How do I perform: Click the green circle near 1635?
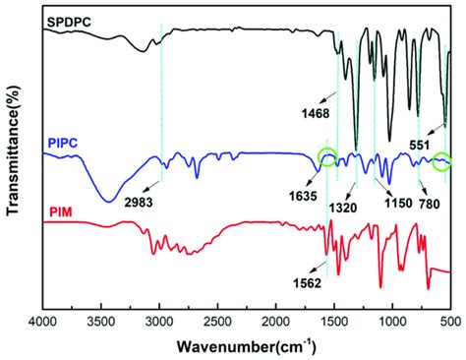[x=327, y=154]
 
